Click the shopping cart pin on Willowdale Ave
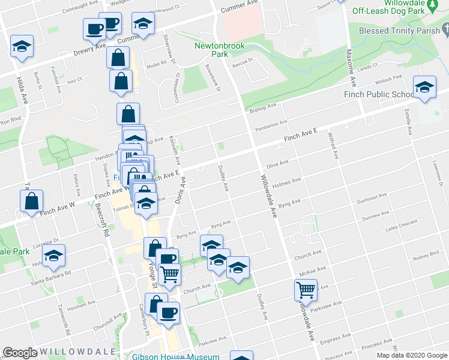306,290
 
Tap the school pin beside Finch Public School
424,87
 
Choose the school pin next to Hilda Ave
22,46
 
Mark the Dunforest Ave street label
372,196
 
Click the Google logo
20,353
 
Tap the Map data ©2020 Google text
411,356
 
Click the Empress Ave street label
335,343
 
